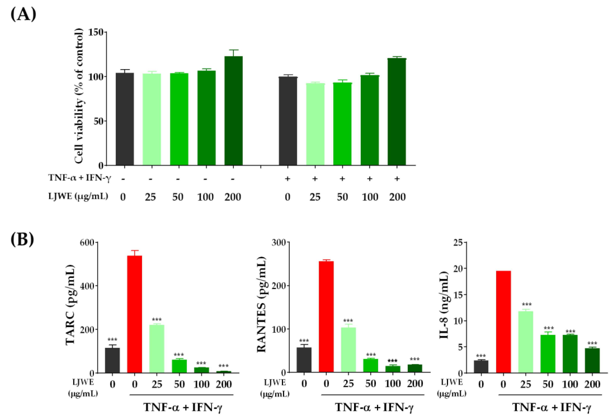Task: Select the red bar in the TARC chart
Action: pos(135,314)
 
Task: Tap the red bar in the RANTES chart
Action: pos(326,317)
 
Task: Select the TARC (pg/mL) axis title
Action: pos(70,305)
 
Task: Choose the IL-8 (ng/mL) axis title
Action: pos(443,305)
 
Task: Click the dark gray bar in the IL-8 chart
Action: pos(481,366)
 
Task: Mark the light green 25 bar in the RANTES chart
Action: pos(348,350)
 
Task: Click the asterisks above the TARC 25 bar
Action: pos(157,320)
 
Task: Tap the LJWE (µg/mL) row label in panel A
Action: pos(78,196)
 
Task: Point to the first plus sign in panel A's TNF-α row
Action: pos(288,179)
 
